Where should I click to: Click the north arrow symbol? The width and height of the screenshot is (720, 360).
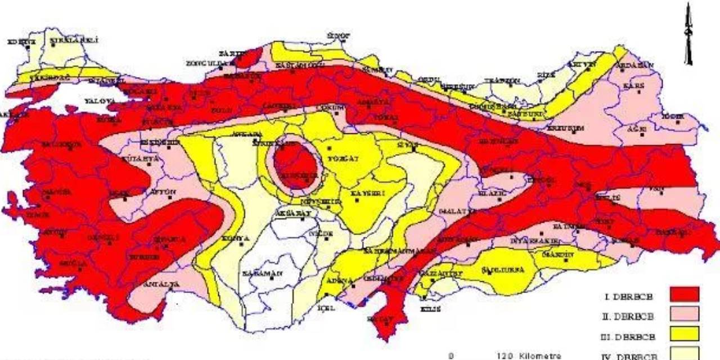[x=688, y=34]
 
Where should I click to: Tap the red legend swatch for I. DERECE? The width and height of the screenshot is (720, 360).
[x=685, y=294]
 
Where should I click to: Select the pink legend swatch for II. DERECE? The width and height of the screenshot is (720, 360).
[x=685, y=314]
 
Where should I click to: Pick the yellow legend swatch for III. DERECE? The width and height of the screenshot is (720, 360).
[x=685, y=334]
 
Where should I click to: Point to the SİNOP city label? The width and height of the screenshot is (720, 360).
[x=339, y=35]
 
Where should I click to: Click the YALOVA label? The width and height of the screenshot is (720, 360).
[x=100, y=101]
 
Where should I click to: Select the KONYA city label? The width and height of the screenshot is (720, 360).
[x=236, y=238]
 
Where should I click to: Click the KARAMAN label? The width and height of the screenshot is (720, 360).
[x=262, y=273]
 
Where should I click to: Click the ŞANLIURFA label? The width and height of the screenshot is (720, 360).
[x=502, y=270]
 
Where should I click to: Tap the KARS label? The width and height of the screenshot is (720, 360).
[x=633, y=86]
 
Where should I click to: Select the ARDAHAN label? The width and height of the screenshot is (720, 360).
[x=636, y=65]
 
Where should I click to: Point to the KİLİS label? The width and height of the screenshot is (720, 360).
[x=430, y=309]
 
